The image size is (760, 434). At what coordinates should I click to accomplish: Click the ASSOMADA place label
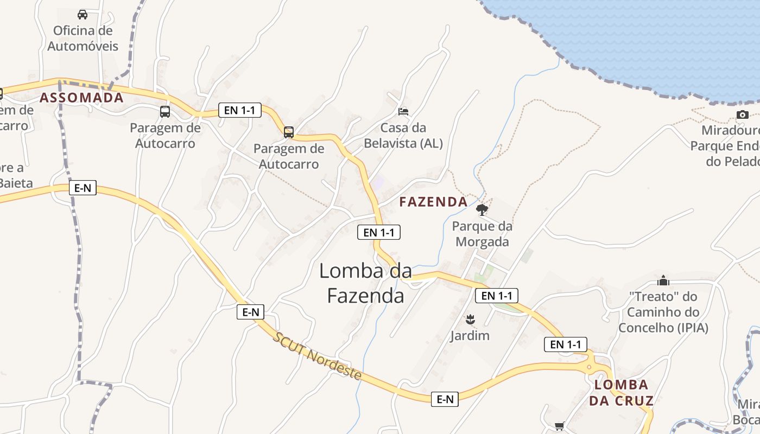[x=81, y=98]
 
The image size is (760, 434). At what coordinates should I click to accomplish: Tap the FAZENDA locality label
[x=433, y=202]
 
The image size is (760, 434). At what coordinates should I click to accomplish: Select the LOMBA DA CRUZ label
[x=621, y=393]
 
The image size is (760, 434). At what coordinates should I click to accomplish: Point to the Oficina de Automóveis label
[x=83, y=38]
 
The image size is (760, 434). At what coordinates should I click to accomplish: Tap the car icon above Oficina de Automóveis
[x=83, y=15]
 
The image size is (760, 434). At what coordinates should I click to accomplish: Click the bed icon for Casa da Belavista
[x=403, y=112]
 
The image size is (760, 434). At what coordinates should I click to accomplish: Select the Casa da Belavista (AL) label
[x=403, y=136]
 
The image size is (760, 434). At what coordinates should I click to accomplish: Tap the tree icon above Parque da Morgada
[x=482, y=209]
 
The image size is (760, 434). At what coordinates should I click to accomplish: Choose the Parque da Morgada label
[x=482, y=234]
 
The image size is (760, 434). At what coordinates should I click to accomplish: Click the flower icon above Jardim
[x=470, y=318]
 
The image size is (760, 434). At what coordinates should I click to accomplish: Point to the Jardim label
[x=470, y=336]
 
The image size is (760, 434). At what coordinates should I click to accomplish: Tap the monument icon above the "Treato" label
[x=663, y=280]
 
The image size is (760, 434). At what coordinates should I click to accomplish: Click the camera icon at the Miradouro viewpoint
[x=742, y=114]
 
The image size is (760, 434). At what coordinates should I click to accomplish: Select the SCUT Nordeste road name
[x=318, y=356]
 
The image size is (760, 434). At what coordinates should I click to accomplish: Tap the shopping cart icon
[x=559, y=426]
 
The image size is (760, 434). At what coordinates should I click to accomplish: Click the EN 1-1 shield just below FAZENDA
[x=379, y=232]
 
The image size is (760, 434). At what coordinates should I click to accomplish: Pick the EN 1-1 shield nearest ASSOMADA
[x=240, y=110]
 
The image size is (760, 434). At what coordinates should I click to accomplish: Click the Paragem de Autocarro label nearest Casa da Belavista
[x=289, y=156]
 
